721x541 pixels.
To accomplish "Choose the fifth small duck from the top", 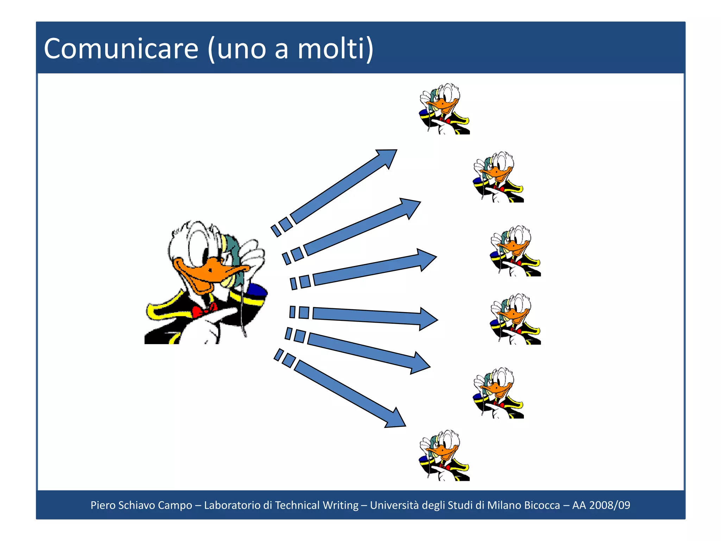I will [498, 393].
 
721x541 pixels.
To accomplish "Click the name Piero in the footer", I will [103, 505].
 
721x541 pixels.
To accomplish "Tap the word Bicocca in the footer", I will [542, 505].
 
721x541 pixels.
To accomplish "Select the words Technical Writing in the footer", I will [316, 505].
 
